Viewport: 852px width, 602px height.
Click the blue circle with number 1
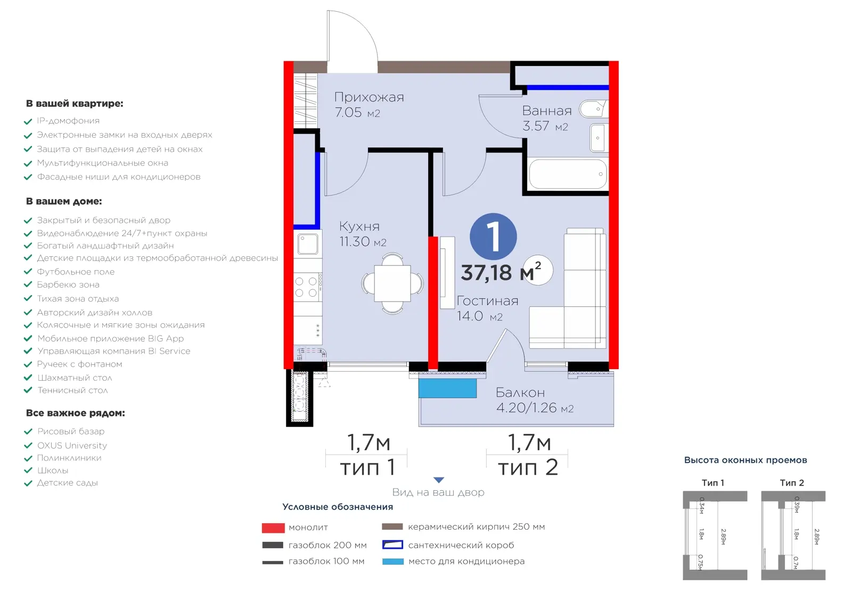[493, 236]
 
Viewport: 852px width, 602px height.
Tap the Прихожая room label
[369, 97]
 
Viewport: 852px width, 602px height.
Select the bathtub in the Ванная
[568, 174]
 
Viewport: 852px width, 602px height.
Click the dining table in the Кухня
[392, 283]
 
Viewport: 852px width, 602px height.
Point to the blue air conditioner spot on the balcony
[448, 388]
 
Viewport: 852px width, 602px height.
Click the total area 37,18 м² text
[501, 272]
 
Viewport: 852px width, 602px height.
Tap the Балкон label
[520, 392]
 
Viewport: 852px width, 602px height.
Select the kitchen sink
[308, 244]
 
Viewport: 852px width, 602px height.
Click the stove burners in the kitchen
[306, 287]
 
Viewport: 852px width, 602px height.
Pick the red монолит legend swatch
[273, 528]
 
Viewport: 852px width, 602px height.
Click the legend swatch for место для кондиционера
[393, 562]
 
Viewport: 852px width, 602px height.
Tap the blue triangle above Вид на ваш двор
[439, 480]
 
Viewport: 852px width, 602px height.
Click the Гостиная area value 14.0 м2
[480, 316]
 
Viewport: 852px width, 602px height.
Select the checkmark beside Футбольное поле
[28, 272]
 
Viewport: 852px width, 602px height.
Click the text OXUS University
[72, 445]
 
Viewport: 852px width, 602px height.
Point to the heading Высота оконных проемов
[745, 461]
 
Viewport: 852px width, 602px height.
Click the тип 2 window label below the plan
[528, 467]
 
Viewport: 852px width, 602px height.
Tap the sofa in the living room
[568, 289]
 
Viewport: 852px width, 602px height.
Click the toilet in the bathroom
[593, 109]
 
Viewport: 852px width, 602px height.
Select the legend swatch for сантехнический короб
[392, 545]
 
